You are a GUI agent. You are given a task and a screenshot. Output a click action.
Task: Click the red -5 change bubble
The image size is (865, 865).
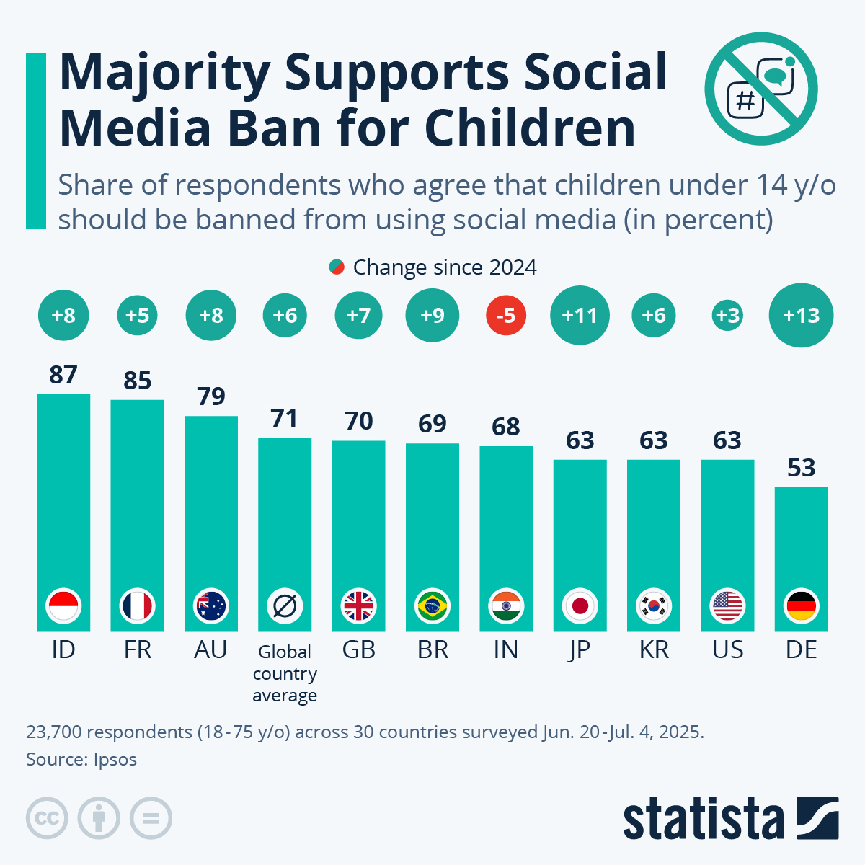pyautogui.click(x=506, y=316)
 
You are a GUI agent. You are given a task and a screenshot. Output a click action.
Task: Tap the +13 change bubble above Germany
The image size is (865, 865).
pyautogui.click(x=801, y=316)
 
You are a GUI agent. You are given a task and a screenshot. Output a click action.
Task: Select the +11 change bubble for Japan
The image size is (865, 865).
pyautogui.click(x=580, y=316)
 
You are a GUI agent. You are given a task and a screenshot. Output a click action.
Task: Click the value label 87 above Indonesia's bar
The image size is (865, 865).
pyautogui.click(x=63, y=375)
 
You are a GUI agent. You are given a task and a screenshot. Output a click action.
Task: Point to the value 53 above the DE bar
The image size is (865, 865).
pyautogui.click(x=801, y=468)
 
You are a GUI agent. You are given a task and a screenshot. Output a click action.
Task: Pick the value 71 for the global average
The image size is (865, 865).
pyautogui.click(x=285, y=418)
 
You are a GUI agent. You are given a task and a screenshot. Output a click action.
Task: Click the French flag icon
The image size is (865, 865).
pyautogui.click(x=137, y=606)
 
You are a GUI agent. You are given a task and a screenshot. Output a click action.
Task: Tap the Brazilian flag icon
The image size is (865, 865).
pyautogui.click(x=432, y=606)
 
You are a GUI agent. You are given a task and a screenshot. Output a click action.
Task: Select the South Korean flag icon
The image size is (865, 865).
pyautogui.click(x=654, y=606)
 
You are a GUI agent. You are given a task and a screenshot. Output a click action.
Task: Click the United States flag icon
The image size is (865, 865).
pyautogui.click(x=727, y=606)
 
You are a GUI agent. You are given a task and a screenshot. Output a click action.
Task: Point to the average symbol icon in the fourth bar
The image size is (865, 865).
pyautogui.click(x=285, y=606)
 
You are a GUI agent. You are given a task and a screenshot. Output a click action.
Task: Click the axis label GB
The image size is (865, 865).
pyautogui.click(x=358, y=650)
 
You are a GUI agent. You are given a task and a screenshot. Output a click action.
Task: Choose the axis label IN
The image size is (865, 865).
pyautogui.click(x=506, y=650)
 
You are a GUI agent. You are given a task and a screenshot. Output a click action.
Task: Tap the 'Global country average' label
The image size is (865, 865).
pyautogui.click(x=285, y=673)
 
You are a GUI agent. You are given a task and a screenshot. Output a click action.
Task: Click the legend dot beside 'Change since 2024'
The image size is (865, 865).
pyautogui.click(x=336, y=267)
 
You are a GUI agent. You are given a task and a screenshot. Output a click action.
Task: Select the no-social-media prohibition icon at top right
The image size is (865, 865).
pyautogui.click(x=761, y=89)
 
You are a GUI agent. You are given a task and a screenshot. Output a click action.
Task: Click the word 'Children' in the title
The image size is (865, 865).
pyautogui.click(x=530, y=128)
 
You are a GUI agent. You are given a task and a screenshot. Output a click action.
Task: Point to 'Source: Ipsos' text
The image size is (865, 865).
pyautogui.click(x=81, y=759)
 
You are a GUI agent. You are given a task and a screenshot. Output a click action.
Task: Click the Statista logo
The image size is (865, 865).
pyautogui.click(x=730, y=819)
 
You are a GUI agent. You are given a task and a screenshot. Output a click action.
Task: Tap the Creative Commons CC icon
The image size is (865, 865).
pyautogui.click(x=47, y=819)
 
